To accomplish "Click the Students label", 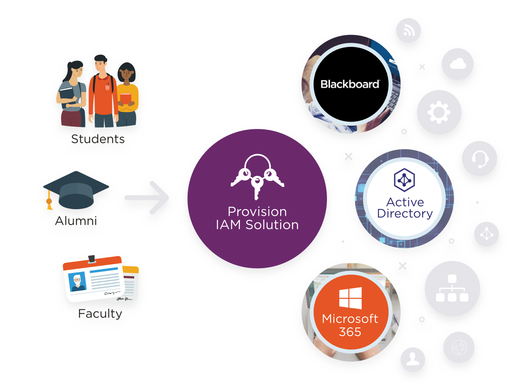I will [98, 139].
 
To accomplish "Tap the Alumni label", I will [76, 221].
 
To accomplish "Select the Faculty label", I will [100, 313].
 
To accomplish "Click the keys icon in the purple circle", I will [257, 176].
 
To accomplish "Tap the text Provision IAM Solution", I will [257, 218].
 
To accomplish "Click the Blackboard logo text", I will [350, 84].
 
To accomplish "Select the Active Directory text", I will [405, 208].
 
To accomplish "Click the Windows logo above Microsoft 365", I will [350, 298].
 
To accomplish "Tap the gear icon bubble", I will [439, 112].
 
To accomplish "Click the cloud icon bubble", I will [458, 64].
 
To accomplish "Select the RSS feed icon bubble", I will [408, 30].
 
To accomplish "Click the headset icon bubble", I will [479, 158].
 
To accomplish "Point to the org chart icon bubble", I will [452, 289].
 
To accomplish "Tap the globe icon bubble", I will [459, 347].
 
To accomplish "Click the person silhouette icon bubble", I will [413, 359].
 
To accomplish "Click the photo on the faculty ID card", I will [78, 282].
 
